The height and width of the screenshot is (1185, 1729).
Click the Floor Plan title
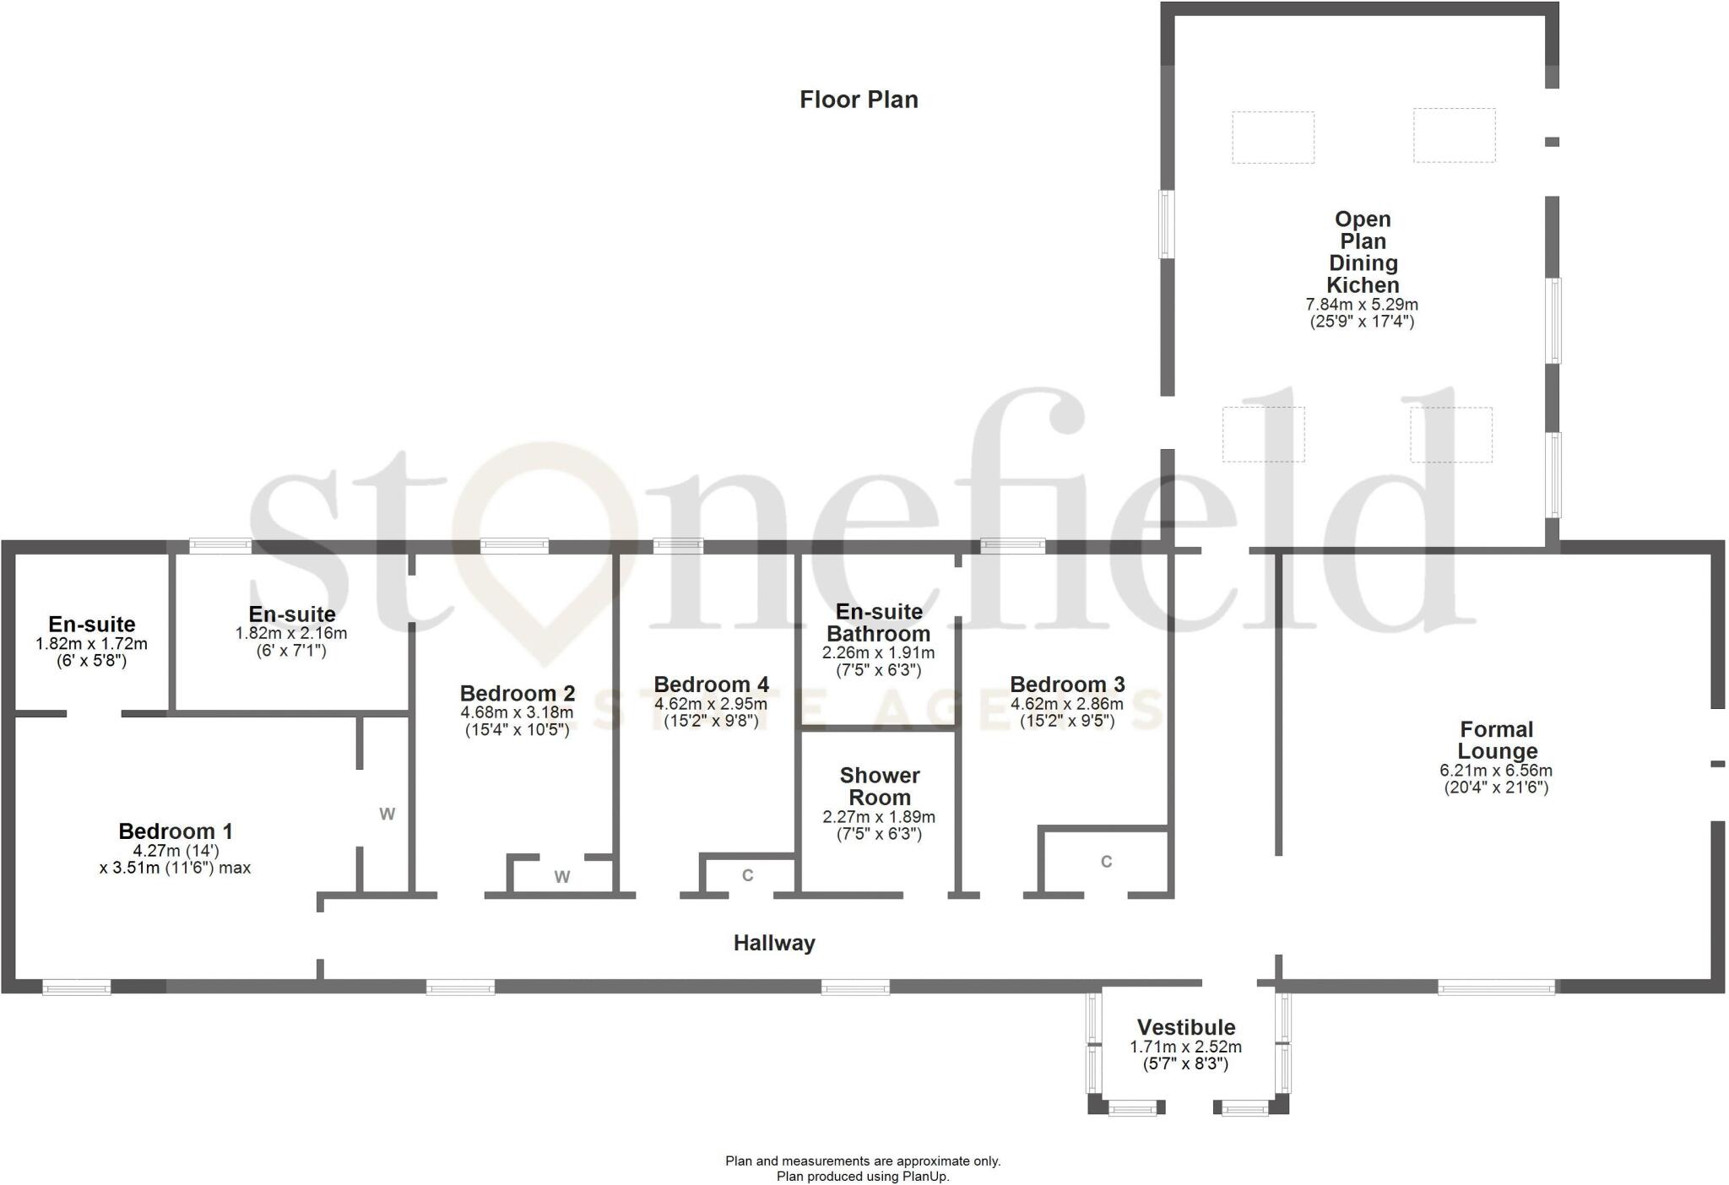click(x=859, y=100)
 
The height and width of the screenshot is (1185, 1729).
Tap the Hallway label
click(x=774, y=943)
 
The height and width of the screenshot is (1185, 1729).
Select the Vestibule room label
click(x=1185, y=1027)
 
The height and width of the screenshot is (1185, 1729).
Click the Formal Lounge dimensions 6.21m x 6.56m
click(x=1496, y=771)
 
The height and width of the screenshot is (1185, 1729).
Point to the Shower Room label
click(x=879, y=786)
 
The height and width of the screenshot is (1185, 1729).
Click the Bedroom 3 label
click(x=1067, y=684)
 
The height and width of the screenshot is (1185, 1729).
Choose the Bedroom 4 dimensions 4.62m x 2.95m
click(x=711, y=704)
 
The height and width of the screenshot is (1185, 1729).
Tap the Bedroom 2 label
click(x=518, y=693)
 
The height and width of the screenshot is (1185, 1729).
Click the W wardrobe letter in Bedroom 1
click(x=387, y=814)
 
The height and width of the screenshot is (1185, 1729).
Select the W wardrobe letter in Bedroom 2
click(x=562, y=877)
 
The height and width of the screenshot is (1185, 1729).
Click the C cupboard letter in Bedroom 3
click(x=1106, y=862)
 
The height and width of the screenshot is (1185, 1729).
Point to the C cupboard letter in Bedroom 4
click(x=747, y=876)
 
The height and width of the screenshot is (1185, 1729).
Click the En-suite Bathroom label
click(x=878, y=623)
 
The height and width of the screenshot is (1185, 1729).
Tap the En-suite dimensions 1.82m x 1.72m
click(x=91, y=644)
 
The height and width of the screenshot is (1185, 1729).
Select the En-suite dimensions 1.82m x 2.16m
click(x=291, y=633)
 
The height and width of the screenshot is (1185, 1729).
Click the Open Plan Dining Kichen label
click(x=1362, y=252)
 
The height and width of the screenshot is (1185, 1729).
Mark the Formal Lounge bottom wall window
click(x=1496, y=987)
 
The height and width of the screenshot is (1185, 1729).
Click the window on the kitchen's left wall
click(x=1167, y=224)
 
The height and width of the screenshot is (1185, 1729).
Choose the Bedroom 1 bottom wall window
click(x=77, y=987)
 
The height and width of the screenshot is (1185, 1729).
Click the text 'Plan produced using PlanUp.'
click(x=863, y=1176)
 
